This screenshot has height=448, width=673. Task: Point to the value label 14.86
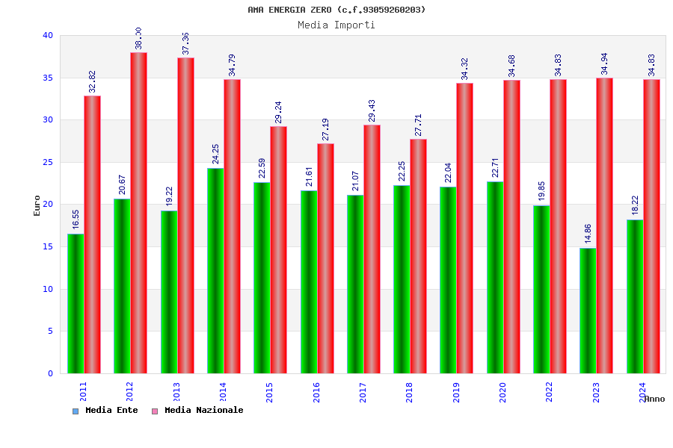pos(589,234)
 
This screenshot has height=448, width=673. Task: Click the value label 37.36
pos(186,43)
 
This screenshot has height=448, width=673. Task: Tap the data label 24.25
pos(216,154)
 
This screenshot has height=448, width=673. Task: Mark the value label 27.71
pos(419,125)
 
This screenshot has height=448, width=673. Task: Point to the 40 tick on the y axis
pos(48,35)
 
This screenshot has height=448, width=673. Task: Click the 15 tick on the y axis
pos(48,246)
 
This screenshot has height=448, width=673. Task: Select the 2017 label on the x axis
pos(363,392)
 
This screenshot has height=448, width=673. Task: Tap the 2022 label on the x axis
pos(550,392)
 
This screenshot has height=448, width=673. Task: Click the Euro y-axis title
pos(37,205)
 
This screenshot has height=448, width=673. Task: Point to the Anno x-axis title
pos(654,399)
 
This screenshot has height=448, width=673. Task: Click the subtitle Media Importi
pos(336,25)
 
